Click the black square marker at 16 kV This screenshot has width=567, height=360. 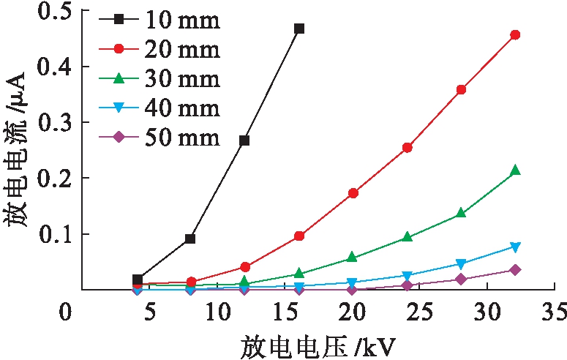pos(298,29)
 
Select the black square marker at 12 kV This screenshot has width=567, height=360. pos(244,140)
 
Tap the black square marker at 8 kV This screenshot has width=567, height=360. pos(190,239)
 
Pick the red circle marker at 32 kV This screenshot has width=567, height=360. pos(515,34)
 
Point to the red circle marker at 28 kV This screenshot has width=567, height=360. pos(461,89)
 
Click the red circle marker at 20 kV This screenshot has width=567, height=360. pos(353,193)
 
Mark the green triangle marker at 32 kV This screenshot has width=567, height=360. pos(515,170)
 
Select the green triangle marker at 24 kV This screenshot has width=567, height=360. pos(408,237)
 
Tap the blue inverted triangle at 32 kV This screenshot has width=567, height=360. pos(515,247)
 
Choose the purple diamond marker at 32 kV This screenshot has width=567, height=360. pos(515,270)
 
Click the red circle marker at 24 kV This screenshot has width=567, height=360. pos(408,148)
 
